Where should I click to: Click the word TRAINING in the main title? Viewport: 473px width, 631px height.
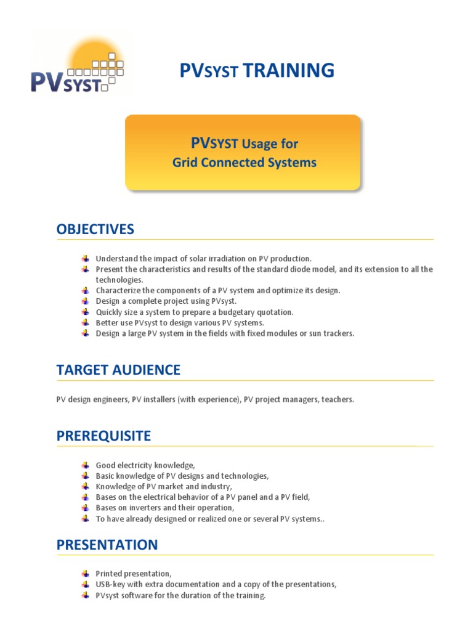(289, 71)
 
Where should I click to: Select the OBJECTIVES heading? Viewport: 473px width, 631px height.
(95, 229)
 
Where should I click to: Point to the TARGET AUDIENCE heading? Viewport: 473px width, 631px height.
(118, 370)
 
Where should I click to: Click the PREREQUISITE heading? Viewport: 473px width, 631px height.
(103, 436)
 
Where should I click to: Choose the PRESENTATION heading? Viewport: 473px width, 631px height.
(107, 545)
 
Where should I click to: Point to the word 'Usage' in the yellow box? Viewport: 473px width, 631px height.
(270, 144)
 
